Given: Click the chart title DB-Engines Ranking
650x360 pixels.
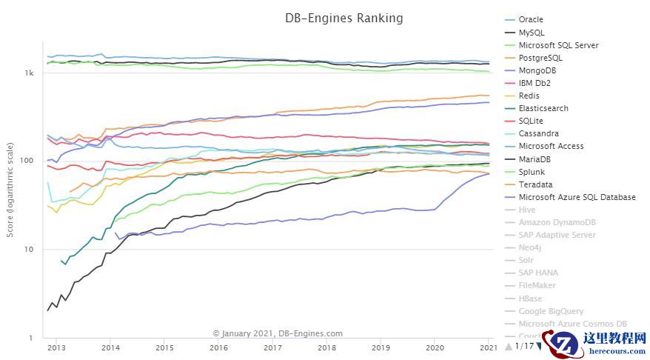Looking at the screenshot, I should pyautogui.click(x=344, y=18).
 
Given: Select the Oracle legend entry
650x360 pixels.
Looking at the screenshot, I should pyautogui.click(x=531, y=20).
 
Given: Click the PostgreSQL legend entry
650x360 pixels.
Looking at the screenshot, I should pyautogui.click(x=540, y=58).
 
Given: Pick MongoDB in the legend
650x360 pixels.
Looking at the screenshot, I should pyautogui.click(x=537, y=70).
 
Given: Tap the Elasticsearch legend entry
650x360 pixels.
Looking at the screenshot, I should pyautogui.click(x=543, y=108).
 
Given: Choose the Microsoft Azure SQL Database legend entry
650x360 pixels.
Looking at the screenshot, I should pyautogui.click(x=577, y=197).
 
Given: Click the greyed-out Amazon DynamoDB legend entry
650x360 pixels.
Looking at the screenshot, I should pyautogui.click(x=557, y=222).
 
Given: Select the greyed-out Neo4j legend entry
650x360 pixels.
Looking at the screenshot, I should pyautogui.click(x=531, y=247).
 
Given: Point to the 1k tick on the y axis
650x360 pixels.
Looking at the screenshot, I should pyautogui.click(x=30, y=73).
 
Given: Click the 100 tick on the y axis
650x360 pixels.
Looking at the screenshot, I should pyautogui.click(x=28, y=161).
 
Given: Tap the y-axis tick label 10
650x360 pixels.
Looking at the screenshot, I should pyautogui.click(x=30, y=250).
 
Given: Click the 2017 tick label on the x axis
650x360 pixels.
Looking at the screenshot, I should pyautogui.click(x=272, y=347).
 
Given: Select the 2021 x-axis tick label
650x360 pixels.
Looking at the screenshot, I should pyautogui.click(x=489, y=347).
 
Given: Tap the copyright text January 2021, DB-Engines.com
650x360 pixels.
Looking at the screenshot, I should pyautogui.click(x=278, y=333).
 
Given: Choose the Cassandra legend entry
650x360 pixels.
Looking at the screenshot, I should pyautogui.click(x=539, y=133).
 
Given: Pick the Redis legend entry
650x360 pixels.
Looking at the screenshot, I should pyautogui.click(x=529, y=96).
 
